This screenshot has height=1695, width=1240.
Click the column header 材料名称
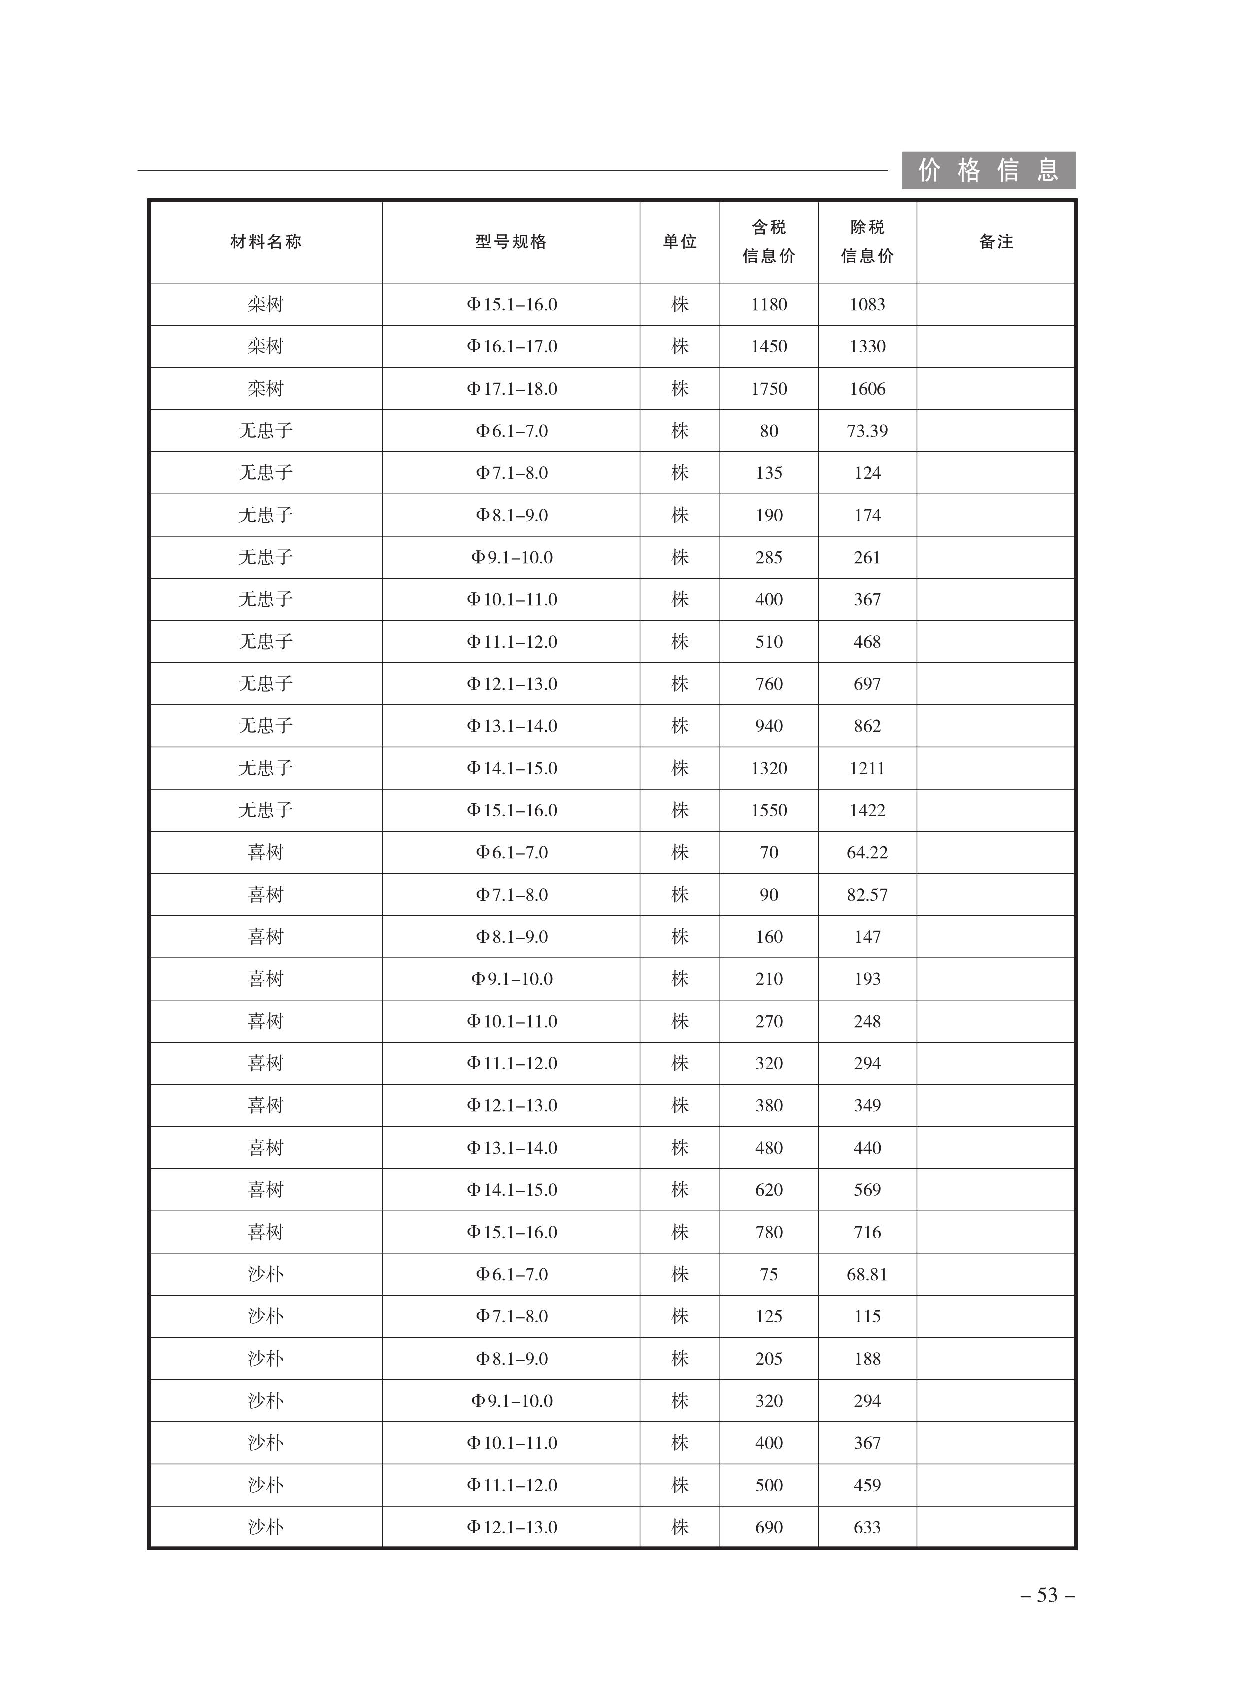point(266,242)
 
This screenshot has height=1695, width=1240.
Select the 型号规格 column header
point(511,242)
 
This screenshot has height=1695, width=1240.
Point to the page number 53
point(1047,1595)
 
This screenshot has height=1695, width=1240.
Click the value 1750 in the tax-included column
point(769,389)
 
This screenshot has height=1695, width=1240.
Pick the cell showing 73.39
point(867,431)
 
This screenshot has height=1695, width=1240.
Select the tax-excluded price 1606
point(867,389)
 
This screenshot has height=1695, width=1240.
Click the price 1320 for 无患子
point(769,768)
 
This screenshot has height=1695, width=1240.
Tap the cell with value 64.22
point(867,852)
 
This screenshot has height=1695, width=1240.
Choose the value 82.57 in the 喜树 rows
point(867,894)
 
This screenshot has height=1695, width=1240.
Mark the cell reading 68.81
point(867,1274)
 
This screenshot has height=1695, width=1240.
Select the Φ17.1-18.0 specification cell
point(512,389)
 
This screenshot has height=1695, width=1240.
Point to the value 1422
point(867,810)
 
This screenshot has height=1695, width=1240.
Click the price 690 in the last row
point(769,1527)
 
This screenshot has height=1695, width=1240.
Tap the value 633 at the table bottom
point(867,1527)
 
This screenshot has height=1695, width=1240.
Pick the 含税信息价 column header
point(769,242)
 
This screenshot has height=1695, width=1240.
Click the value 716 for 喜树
point(867,1232)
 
